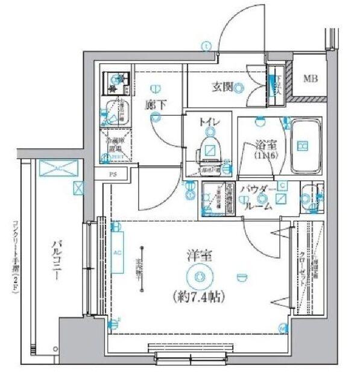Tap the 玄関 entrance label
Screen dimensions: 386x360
[x=223, y=86]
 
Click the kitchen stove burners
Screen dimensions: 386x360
[x=115, y=81]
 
